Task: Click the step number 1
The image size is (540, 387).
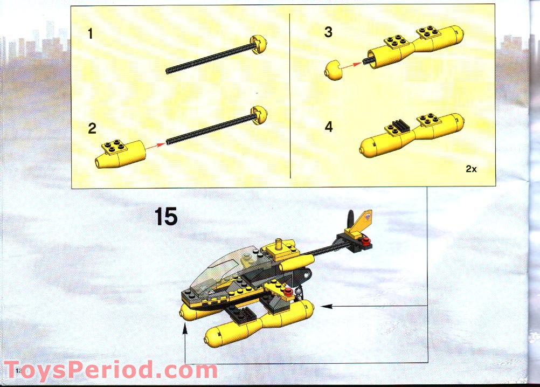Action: pos(90,34)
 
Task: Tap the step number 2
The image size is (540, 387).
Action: pos(92,128)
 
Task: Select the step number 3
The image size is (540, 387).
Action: pos(328,32)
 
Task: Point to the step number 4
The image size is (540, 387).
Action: pos(329,127)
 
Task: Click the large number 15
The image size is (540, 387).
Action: pos(166,217)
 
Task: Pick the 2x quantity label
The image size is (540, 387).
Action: pos(471,169)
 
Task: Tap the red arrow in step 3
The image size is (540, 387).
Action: pos(351,66)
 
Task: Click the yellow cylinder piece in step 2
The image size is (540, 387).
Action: pos(120,155)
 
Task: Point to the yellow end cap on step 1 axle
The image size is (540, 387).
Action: pos(259,45)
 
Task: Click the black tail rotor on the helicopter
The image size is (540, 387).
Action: pos(351,219)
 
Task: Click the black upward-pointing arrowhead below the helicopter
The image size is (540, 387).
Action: pos(185,330)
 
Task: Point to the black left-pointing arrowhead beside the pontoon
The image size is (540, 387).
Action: pos(326,306)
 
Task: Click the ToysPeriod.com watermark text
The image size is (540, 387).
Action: pos(111,370)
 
